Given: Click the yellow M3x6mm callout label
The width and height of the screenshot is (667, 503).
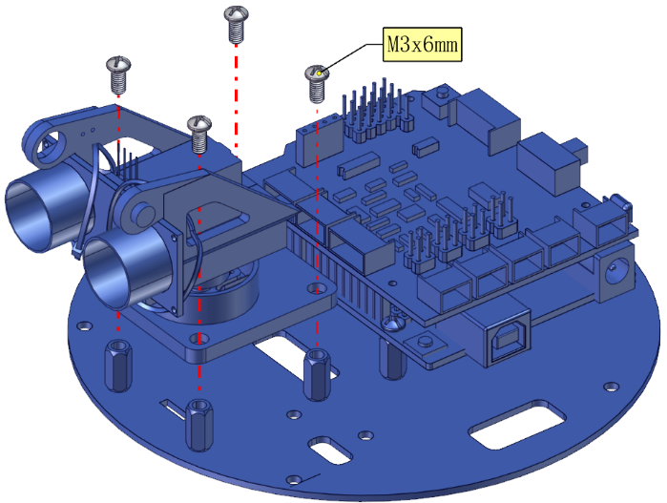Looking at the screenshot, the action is pos(422,44).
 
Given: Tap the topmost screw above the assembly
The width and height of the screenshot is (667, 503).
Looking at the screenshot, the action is pos(236,25).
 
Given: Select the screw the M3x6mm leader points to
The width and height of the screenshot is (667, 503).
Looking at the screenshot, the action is pos(317,84).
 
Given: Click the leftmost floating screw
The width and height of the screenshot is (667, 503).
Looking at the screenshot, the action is pos(118,74).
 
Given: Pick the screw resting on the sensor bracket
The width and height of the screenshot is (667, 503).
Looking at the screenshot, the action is pos(199,134).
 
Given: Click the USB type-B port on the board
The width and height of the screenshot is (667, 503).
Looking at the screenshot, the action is pos(509,341).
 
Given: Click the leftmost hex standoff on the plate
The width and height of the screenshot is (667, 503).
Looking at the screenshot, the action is pos(118,366).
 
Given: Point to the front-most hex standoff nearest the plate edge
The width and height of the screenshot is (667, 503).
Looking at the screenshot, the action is pos(199,425).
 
